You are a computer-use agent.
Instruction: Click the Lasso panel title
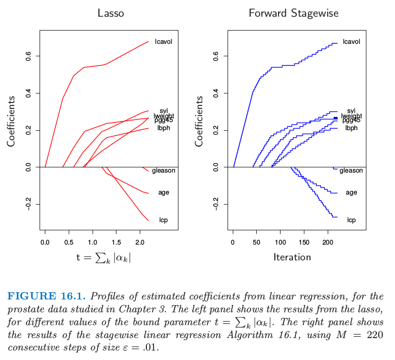click(x=111, y=13)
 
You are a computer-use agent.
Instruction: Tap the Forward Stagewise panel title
click(x=293, y=13)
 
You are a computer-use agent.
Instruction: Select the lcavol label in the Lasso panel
click(x=164, y=41)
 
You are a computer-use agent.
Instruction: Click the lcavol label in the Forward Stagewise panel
click(x=351, y=41)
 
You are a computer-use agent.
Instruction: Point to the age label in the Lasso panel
click(x=164, y=193)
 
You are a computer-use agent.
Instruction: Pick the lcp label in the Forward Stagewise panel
click(x=352, y=220)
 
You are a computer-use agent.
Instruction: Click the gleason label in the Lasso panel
click(x=164, y=171)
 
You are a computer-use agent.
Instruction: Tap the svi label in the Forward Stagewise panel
click(x=352, y=111)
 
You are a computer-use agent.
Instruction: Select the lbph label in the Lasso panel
click(x=164, y=128)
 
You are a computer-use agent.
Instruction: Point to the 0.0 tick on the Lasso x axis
click(x=45, y=242)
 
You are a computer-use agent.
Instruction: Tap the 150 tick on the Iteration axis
click(x=303, y=242)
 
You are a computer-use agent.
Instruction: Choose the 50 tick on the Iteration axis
click(x=256, y=242)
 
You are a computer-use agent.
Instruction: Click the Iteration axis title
click(x=292, y=257)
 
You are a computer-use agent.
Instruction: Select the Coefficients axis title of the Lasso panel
click(x=10, y=121)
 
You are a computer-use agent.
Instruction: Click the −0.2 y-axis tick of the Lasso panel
click(x=27, y=204)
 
